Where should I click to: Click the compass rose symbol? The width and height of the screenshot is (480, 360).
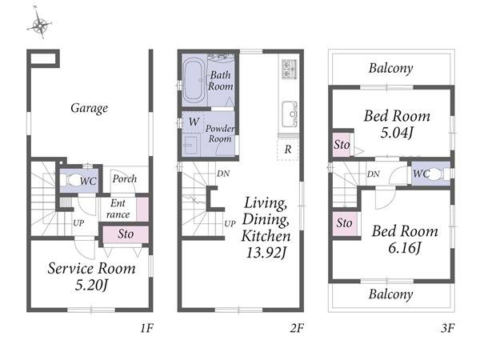pos(40,25)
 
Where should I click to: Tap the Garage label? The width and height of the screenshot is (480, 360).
pos(89,108)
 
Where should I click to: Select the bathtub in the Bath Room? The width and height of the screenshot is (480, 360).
pos(194,80)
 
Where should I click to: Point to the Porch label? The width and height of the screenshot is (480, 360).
pos(124,178)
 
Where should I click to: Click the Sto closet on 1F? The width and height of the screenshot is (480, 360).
pos(126,234)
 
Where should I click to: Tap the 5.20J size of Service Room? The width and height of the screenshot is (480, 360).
pos(91,286)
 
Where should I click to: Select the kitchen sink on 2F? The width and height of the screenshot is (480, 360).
pos(290,114)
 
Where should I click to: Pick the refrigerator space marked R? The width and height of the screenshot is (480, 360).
pos(287,150)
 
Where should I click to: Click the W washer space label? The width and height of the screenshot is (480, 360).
pos(194,122)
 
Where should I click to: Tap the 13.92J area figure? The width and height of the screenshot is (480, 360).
pos(266,253)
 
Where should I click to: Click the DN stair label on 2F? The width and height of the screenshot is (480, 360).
pos(223,174)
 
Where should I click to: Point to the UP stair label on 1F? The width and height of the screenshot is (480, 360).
pos(78,223)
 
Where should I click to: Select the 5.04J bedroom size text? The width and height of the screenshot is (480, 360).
pos(397,133)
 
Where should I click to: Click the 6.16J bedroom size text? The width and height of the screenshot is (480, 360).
pos(405,247)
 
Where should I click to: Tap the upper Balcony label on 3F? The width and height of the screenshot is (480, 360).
pos(390,68)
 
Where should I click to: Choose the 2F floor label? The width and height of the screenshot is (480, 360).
pos(297,329)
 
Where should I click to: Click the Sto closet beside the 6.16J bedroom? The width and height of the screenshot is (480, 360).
pos(344,223)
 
